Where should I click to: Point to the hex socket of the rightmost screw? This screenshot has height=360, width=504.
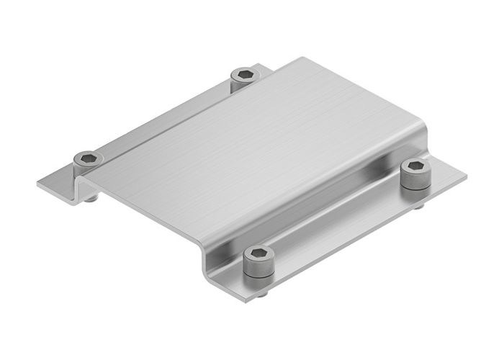tap(415, 166)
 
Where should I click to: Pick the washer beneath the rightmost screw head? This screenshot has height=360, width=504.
tap(415, 184)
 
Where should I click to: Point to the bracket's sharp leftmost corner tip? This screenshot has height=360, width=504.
tap(37, 183)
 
